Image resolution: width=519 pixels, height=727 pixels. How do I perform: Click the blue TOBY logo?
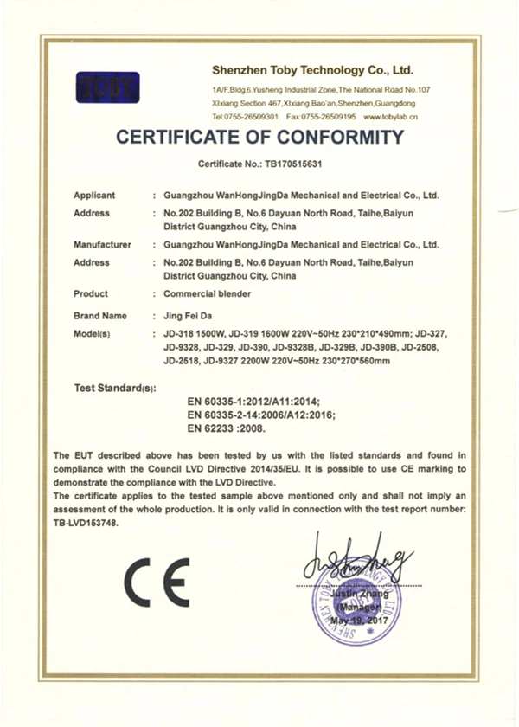[107, 87]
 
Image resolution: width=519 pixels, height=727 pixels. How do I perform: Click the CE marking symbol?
[157, 582]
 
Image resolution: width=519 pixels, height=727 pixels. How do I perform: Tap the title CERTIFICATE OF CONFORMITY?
[259, 137]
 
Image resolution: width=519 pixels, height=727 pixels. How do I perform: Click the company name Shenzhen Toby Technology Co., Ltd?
[312, 68]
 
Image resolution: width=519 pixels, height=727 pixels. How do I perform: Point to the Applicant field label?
[94, 196]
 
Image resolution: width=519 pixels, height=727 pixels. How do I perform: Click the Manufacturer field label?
[102, 245]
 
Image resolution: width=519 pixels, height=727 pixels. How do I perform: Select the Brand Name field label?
[100, 316]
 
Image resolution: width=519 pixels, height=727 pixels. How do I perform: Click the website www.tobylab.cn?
[392, 116]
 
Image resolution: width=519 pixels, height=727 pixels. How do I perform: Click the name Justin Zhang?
[355, 596]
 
